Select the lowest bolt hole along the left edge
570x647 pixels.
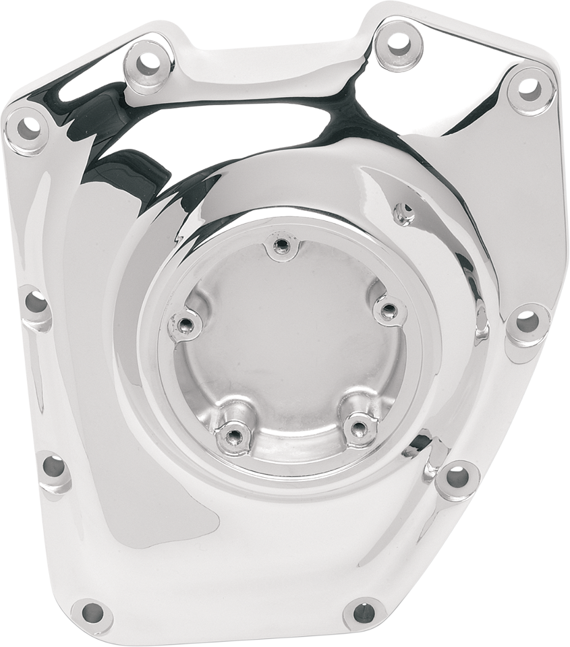click(x=54, y=467)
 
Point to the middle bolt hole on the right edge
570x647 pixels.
click(x=528, y=322)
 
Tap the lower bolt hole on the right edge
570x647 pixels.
click(x=459, y=476)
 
